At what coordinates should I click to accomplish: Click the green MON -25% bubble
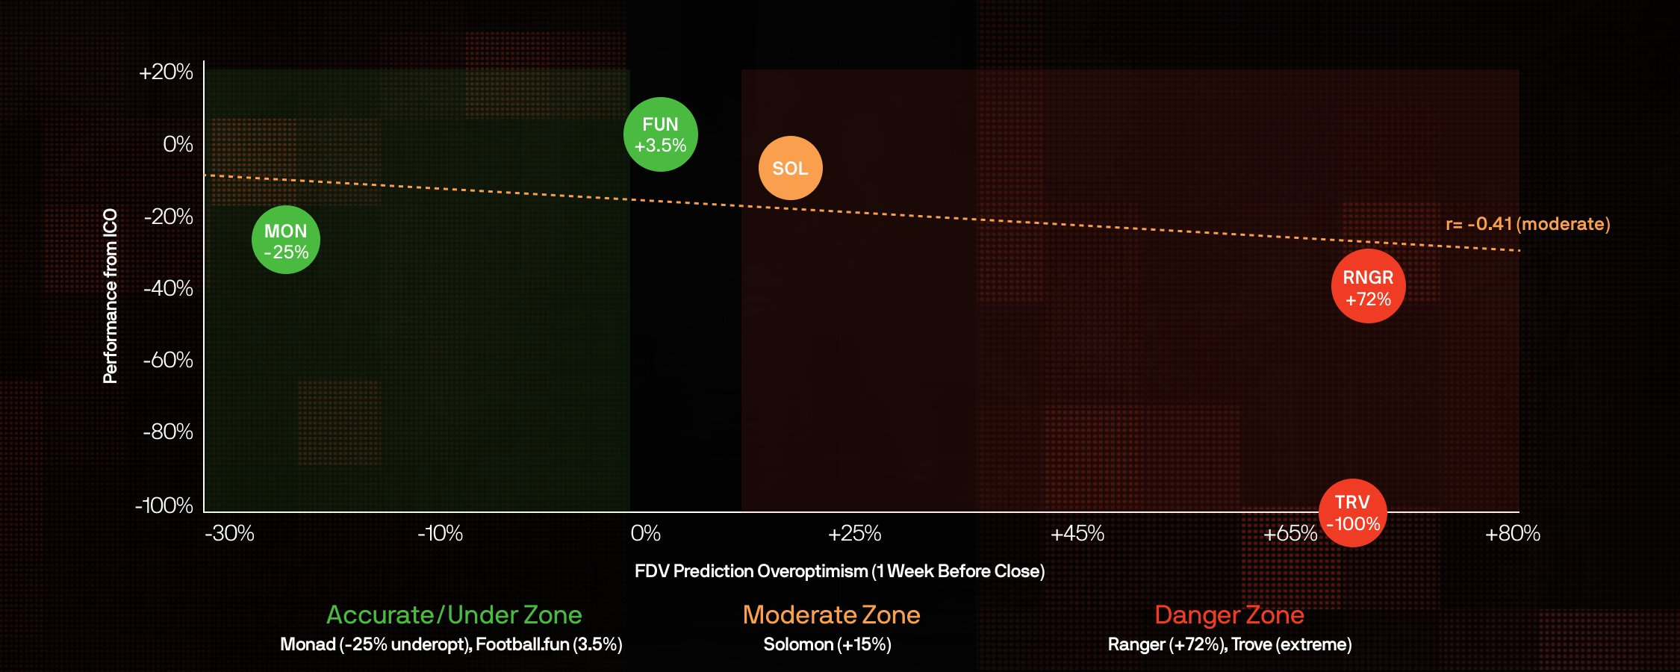[286, 240]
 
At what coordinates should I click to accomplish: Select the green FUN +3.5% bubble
[660, 134]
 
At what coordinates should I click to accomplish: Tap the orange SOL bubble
[790, 168]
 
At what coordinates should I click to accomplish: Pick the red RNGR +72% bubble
[1368, 287]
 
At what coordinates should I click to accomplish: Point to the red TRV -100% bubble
[1352, 513]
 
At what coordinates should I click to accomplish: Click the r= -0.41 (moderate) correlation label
[1528, 224]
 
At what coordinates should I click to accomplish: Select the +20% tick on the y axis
[166, 72]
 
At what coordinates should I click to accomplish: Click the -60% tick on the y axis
[168, 361]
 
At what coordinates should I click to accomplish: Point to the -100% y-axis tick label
[164, 505]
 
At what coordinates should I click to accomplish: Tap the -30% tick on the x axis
[229, 533]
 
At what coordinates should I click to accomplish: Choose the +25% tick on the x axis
[854, 533]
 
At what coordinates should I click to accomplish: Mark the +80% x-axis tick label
[1512, 533]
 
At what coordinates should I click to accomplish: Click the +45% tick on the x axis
[1077, 533]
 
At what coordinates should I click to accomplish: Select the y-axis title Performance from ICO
[111, 296]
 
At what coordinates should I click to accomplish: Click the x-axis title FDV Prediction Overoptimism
[839, 571]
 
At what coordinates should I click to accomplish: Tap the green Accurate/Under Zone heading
[454, 615]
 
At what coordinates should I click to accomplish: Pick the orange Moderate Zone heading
[831, 615]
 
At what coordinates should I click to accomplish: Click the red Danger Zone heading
[1229, 615]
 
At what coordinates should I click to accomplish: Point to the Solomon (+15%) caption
[827, 644]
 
